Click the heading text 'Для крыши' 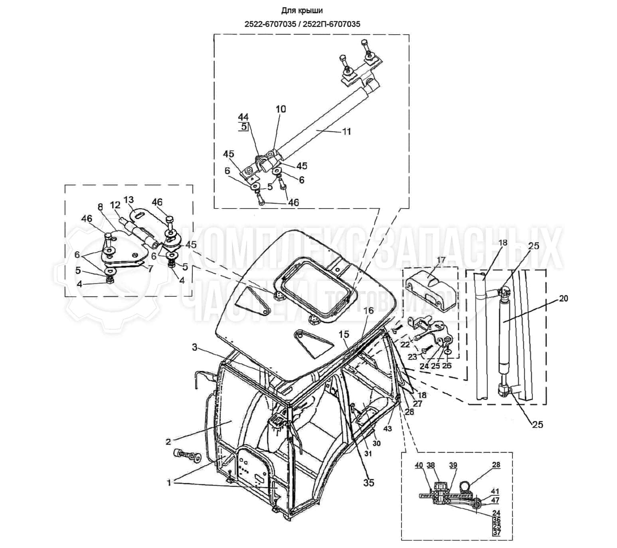tap(302, 10)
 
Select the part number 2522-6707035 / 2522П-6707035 tap(302, 24)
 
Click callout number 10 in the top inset tap(281, 109)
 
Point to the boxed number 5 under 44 tap(243, 127)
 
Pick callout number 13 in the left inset tap(129, 199)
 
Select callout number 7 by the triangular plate tap(150, 268)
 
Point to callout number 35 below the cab tap(369, 482)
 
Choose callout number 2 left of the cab tap(168, 442)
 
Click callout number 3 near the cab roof tap(194, 347)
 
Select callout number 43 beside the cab tap(388, 429)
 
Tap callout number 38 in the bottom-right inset tap(431, 465)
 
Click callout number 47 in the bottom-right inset tap(495, 500)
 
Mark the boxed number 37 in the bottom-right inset tap(496, 533)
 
